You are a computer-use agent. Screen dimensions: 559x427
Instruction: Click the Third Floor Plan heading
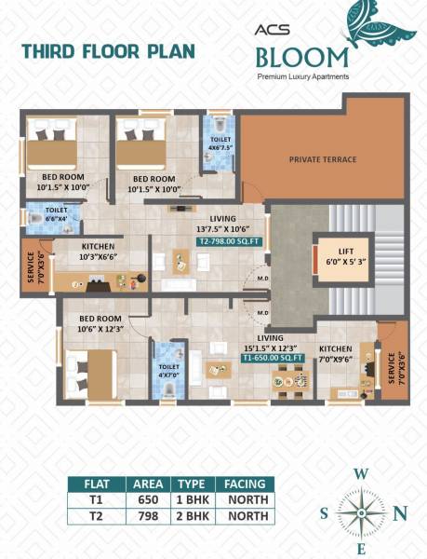(108, 51)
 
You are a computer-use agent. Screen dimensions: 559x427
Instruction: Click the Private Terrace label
(322, 159)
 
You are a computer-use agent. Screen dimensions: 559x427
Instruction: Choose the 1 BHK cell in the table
(191, 499)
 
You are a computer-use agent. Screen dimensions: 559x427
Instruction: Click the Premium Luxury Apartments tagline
(303, 75)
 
